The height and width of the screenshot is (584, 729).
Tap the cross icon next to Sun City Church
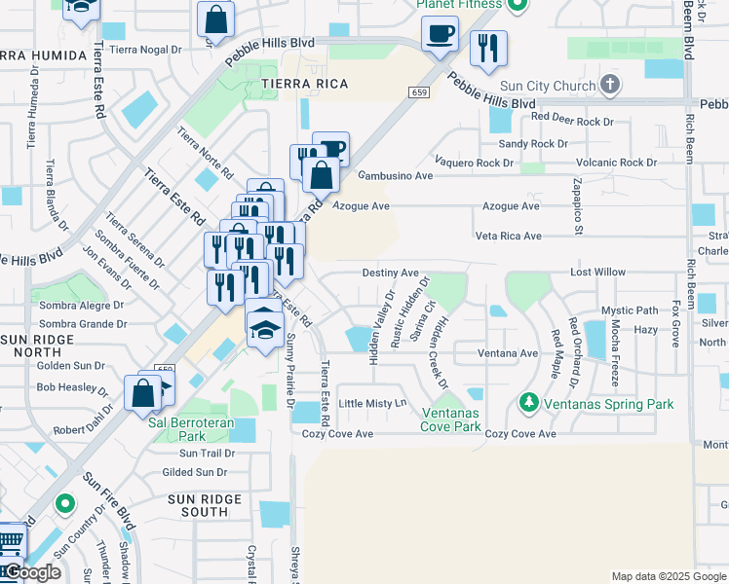(610, 86)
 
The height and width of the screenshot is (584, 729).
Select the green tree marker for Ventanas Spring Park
(528, 401)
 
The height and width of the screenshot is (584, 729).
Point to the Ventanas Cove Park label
(450, 420)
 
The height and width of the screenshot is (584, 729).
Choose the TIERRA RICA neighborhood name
(298, 85)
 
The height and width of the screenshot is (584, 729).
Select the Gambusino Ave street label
(395, 176)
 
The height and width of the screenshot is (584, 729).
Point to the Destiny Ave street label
(390, 274)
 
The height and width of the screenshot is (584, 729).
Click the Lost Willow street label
(597, 273)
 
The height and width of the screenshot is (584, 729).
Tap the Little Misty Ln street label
(371, 403)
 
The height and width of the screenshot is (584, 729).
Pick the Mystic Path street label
(630, 310)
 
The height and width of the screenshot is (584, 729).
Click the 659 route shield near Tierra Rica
(419, 92)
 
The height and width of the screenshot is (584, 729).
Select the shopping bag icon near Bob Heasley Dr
(142, 393)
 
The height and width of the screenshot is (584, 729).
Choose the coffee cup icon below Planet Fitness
(440, 35)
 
